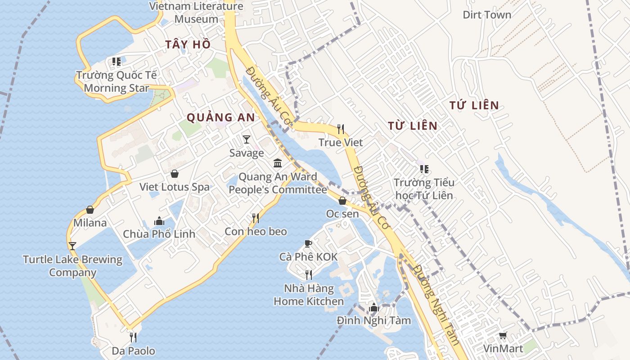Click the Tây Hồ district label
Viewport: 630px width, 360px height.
pos(188,45)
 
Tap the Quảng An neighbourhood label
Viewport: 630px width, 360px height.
pos(220,118)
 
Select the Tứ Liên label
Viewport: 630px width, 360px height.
pos(474,106)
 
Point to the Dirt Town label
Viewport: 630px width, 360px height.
pos(487,15)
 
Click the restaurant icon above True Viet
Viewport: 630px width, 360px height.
pos(341,129)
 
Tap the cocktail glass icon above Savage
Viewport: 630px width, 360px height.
pos(246,139)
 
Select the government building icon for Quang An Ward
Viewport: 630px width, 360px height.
pos(278,163)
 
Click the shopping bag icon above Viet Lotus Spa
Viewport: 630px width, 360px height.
pos(174,174)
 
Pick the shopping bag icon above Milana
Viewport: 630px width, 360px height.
pos(90,210)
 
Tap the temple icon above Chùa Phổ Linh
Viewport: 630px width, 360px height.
pos(159,221)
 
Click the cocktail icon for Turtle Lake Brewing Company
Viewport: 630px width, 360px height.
pos(72,246)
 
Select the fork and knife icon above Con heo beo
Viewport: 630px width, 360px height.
pos(255,218)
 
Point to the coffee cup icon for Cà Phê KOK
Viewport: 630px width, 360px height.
pos(308,243)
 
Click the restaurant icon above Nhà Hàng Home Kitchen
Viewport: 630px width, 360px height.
pos(308,274)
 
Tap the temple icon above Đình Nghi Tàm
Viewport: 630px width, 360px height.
pos(373,308)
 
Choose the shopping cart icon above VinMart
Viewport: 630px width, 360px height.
pos(503,336)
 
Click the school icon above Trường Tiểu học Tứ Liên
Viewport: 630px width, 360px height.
pos(424,169)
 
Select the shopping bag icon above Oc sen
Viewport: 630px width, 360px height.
pos(342,201)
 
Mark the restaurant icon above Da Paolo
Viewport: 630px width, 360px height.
pos(133,337)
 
